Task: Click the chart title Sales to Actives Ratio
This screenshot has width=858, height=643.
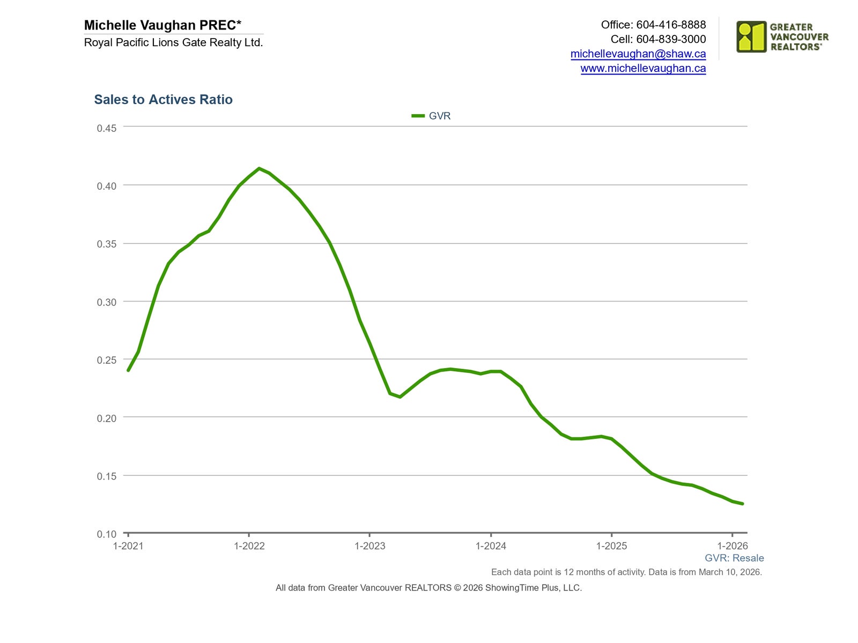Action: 163,100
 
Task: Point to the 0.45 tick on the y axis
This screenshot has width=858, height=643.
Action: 106,128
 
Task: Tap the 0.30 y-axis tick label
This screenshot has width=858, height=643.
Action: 106,302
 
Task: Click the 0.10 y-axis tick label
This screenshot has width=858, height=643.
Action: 106,534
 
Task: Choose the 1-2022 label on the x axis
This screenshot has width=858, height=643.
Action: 249,546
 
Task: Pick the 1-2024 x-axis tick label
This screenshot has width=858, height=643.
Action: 491,546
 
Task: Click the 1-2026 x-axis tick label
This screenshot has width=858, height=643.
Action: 733,546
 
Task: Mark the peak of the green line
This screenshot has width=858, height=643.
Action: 259,168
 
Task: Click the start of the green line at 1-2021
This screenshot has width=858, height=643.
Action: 128,370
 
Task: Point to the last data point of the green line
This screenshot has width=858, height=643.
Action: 743,504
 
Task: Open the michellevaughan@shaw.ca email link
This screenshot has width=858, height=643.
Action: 638,54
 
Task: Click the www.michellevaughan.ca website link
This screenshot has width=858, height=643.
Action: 643,68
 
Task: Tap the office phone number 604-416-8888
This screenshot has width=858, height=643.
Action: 671,25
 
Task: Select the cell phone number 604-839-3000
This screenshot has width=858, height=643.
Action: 671,39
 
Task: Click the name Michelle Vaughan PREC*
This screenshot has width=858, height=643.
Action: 162,25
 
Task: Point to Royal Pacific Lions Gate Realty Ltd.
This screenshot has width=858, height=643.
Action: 173,42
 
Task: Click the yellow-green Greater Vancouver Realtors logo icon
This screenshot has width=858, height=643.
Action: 751,36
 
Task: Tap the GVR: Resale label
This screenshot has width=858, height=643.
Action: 734,558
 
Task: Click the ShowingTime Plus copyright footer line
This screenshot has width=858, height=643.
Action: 428,588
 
